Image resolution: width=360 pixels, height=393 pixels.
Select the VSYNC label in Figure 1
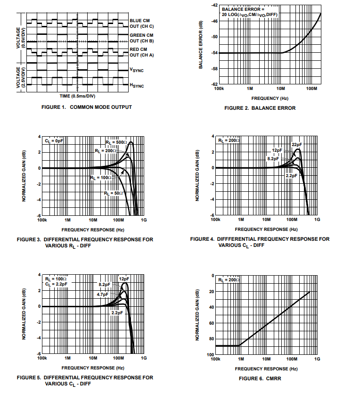pos(137,70)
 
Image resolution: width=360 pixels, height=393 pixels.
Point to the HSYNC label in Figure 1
pos(137,85)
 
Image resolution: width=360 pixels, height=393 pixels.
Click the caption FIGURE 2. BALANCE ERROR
pos(260,108)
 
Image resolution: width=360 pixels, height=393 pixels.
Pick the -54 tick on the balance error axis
pos(214,53)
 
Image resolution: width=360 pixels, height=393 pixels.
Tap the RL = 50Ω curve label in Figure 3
pos(114,193)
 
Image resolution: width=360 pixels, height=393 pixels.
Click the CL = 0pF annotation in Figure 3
pos(54,141)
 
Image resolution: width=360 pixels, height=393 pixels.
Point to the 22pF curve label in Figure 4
pos(297,144)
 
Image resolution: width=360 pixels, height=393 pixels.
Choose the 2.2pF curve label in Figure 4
pos(292,175)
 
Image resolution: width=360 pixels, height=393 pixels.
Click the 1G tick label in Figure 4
pos(317,220)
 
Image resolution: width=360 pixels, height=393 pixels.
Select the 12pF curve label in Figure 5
pos(123,279)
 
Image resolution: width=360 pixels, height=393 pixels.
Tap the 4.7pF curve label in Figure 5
pos(103,294)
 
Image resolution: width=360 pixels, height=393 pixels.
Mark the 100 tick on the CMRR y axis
pos(212,354)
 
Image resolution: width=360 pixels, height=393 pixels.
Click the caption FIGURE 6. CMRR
pos(260,378)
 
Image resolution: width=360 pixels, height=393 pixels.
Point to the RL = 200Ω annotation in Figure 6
pos(229,279)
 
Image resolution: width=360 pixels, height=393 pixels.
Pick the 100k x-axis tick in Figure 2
pos(219,89)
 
